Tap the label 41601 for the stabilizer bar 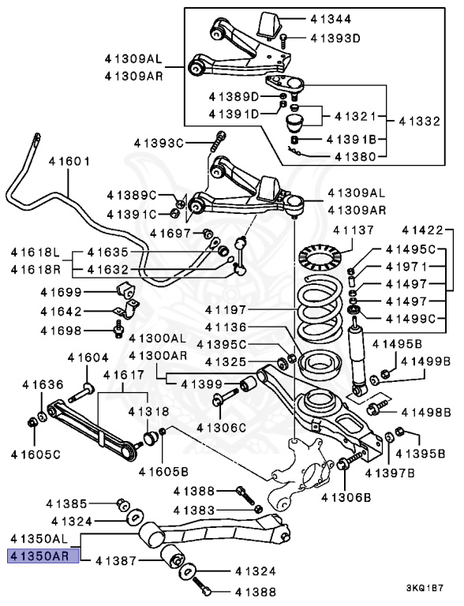click(69, 161)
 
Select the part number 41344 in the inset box click(331, 19)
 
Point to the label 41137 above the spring click(354, 230)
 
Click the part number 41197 click(226, 309)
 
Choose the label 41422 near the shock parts click(422, 230)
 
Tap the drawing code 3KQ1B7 click(425, 588)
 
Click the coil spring click(321, 306)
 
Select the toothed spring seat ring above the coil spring click(321, 257)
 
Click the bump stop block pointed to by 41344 click(270, 25)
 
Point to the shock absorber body click(357, 356)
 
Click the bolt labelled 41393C click(219, 141)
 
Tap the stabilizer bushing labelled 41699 click(127, 291)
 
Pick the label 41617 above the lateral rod click(124, 375)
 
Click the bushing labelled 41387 click(174, 557)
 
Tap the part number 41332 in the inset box click(419, 122)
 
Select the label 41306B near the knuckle click(346, 497)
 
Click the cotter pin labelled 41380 click(297, 151)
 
